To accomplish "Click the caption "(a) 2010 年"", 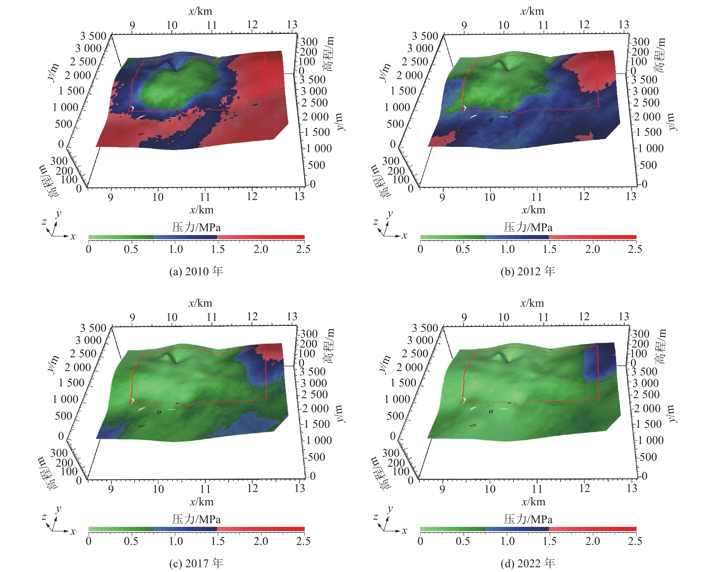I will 196,271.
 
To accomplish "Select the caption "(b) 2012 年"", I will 528,271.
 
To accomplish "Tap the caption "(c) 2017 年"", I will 196,563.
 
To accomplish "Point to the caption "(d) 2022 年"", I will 528,563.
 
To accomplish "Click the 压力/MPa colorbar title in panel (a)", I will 196,227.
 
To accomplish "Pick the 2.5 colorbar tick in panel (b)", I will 635,249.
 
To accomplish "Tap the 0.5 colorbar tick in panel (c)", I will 131,541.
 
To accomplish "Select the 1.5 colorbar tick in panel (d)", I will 549,541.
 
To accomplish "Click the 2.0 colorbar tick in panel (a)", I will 261,249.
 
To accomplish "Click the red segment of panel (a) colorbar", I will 261,237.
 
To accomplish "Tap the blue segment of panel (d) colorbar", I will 517,529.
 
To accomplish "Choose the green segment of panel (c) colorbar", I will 121,529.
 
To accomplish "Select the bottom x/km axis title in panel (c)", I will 201,502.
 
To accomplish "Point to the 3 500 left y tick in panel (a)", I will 93,36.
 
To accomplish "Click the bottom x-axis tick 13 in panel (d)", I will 632,488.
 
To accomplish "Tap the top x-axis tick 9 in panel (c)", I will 132,317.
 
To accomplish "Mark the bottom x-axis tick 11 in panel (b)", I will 537,197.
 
